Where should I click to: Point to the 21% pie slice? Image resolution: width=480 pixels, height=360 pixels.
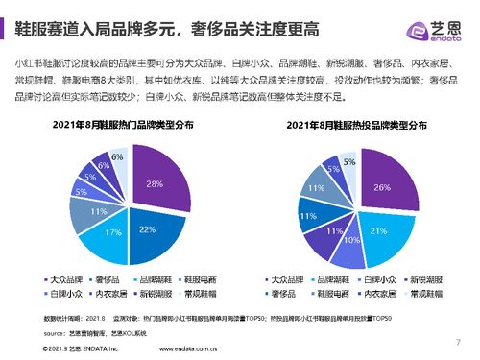376,230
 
